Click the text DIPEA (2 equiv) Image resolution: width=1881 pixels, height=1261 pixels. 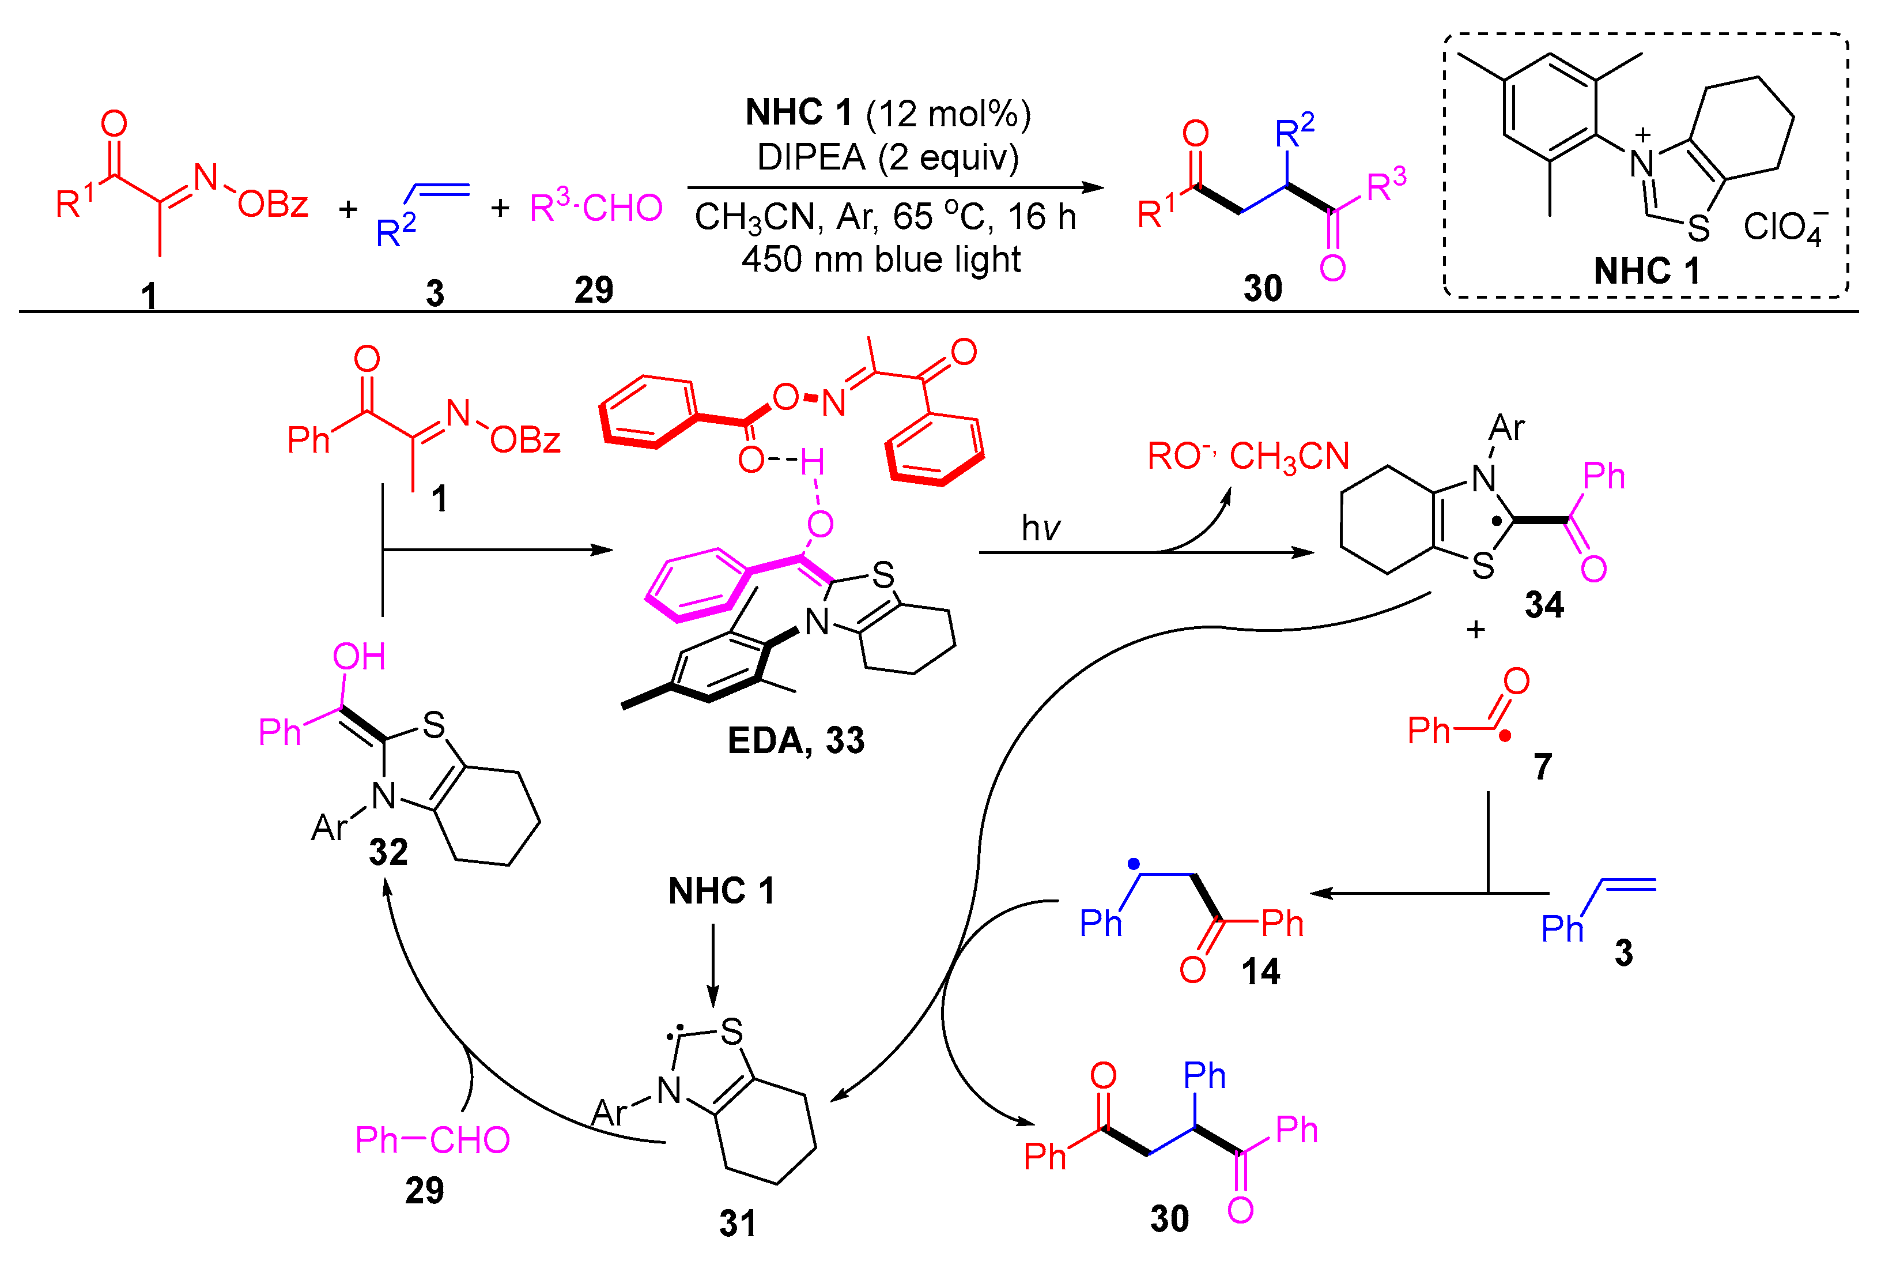(x=887, y=157)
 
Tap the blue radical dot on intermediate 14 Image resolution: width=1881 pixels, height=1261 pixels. (x=1134, y=864)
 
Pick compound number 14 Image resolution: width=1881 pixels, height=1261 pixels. (x=1260, y=972)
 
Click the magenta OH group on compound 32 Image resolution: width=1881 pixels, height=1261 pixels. (x=358, y=657)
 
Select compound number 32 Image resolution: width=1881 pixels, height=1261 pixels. (x=388, y=852)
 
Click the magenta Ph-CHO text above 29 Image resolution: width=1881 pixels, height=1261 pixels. (x=432, y=1139)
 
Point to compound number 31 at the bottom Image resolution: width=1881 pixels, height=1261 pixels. (x=737, y=1223)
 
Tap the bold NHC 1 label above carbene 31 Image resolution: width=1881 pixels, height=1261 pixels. (x=721, y=891)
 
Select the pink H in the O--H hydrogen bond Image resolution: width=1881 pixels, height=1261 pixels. (x=812, y=462)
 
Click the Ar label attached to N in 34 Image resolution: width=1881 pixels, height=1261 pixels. (x=1506, y=428)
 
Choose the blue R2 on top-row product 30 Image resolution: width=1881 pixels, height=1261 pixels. (x=1294, y=131)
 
